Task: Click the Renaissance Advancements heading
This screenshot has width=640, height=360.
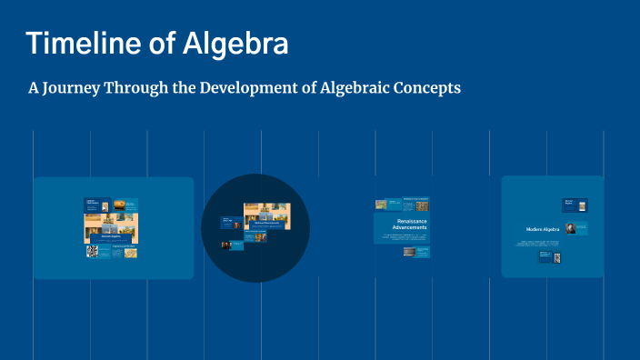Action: coord(409,224)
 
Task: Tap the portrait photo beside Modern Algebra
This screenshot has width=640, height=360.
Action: coord(571,228)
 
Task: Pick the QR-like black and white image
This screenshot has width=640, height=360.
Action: coord(92,252)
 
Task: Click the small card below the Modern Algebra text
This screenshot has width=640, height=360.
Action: coord(550,258)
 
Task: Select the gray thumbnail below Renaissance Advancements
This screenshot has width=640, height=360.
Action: coord(409,252)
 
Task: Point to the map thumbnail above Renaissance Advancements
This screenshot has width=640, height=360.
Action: coord(382,205)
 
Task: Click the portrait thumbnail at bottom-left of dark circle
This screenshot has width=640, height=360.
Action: coord(226,245)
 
